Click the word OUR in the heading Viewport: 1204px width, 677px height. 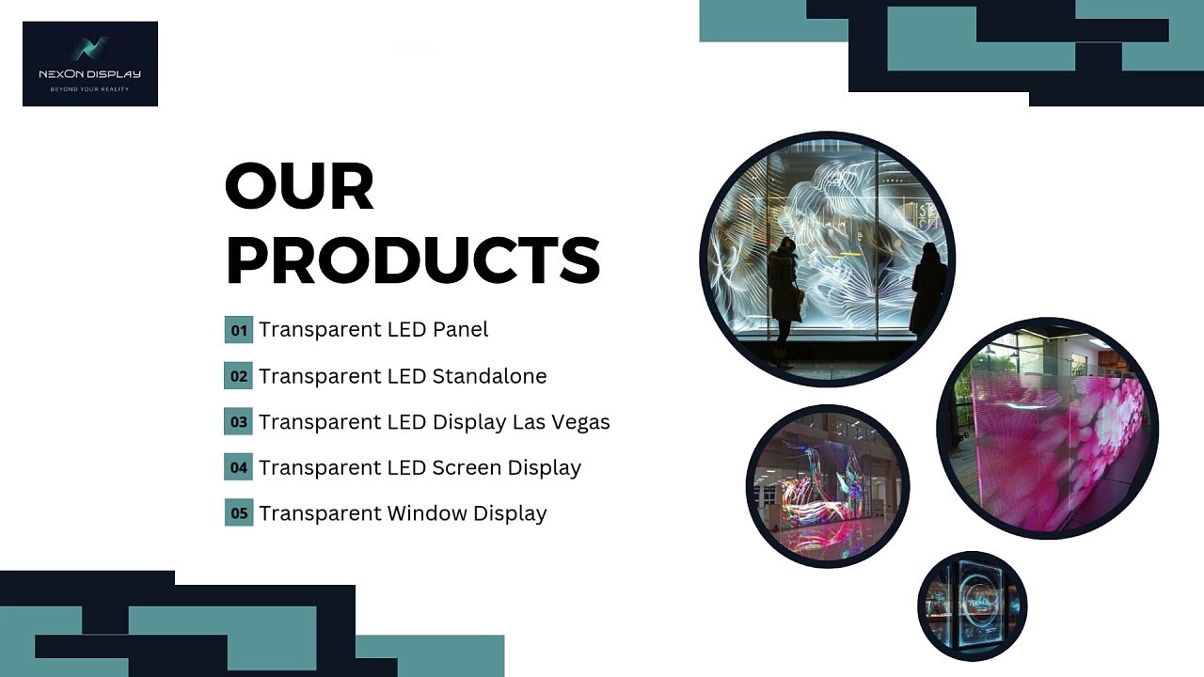click(299, 186)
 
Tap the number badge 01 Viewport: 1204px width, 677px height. click(239, 330)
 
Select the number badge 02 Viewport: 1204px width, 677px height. click(239, 375)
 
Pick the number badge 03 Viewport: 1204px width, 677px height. click(239, 421)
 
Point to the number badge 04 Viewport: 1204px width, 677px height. click(239, 467)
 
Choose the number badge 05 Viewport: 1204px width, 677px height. click(239, 512)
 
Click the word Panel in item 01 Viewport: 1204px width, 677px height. click(461, 329)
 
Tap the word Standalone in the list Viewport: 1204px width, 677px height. click(490, 375)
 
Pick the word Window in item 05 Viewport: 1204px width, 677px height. click(427, 513)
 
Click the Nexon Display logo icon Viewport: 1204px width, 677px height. click(89, 48)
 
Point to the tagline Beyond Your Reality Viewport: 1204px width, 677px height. click(89, 89)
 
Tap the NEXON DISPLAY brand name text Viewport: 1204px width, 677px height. click(89, 74)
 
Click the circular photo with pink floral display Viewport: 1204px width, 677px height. click(1048, 428)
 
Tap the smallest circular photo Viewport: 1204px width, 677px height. click(973, 606)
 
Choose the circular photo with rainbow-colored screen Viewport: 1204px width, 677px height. click(828, 486)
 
